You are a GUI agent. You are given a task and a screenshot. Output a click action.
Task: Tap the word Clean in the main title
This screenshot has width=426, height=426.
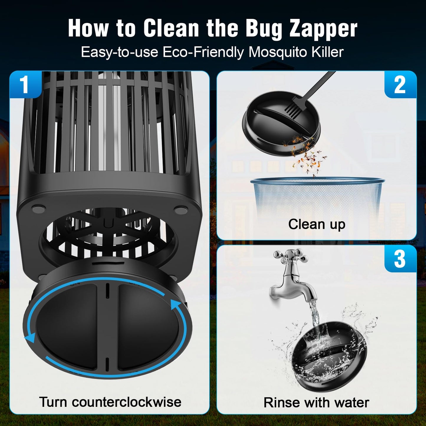[x=171, y=29]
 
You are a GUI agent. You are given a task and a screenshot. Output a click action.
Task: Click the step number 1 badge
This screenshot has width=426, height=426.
[x=24, y=85]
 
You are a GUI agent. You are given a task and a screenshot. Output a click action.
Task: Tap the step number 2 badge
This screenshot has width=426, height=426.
[x=400, y=85]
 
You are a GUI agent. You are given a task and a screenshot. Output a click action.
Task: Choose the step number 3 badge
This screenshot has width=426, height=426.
[x=400, y=259]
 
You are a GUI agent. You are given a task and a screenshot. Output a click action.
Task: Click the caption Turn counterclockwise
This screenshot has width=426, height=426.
[x=110, y=402]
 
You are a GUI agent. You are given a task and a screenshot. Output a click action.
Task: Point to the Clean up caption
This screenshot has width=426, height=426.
[x=317, y=224]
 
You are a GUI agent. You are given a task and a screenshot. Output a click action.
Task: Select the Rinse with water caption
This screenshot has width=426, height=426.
[x=316, y=402]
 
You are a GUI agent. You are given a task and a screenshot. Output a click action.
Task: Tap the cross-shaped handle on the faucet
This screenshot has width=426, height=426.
[x=290, y=256]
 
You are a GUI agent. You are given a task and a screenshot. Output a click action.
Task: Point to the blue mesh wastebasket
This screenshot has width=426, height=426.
[x=317, y=195]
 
